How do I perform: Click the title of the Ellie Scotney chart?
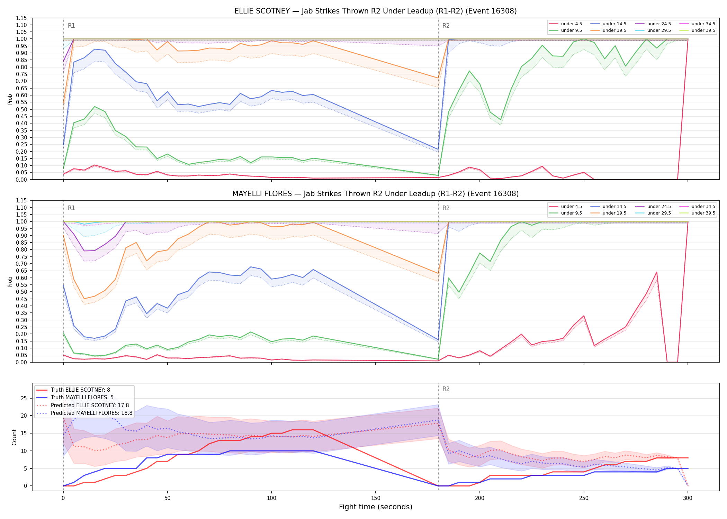tap(375, 11)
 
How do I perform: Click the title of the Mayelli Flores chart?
tap(375, 194)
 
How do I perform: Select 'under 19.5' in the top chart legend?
tap(614, 30)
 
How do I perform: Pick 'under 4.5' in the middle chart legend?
tap(572, 207)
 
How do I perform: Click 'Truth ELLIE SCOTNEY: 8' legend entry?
tap(80, 390)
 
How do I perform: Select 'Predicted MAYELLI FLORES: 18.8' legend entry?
tap(91, 413)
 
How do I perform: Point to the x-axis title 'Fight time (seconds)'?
tap(376, 507)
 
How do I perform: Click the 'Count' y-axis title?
tap(14, 437)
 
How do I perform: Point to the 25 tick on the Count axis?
tap(24, 398)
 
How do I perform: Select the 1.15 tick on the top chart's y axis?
tap(22, 18)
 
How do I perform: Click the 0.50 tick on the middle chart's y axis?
tap(22, 292)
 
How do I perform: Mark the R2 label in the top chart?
tap(446, 26)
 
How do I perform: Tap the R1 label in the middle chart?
tap(71, 208)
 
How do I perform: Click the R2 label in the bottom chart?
tap(446, 389)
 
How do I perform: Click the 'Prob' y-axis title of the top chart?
tap(10, 99)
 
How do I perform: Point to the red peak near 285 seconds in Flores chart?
tap(656, 272)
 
